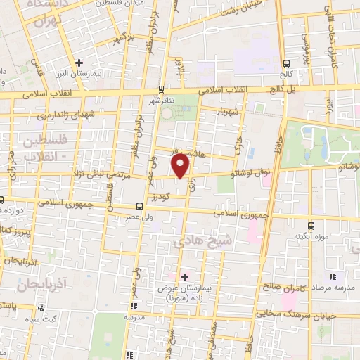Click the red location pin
[x=181, y=165]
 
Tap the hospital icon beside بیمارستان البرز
[x=80, y=63]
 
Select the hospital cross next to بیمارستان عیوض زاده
[x=185, y=276]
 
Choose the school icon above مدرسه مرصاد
[x=333, y=276]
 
